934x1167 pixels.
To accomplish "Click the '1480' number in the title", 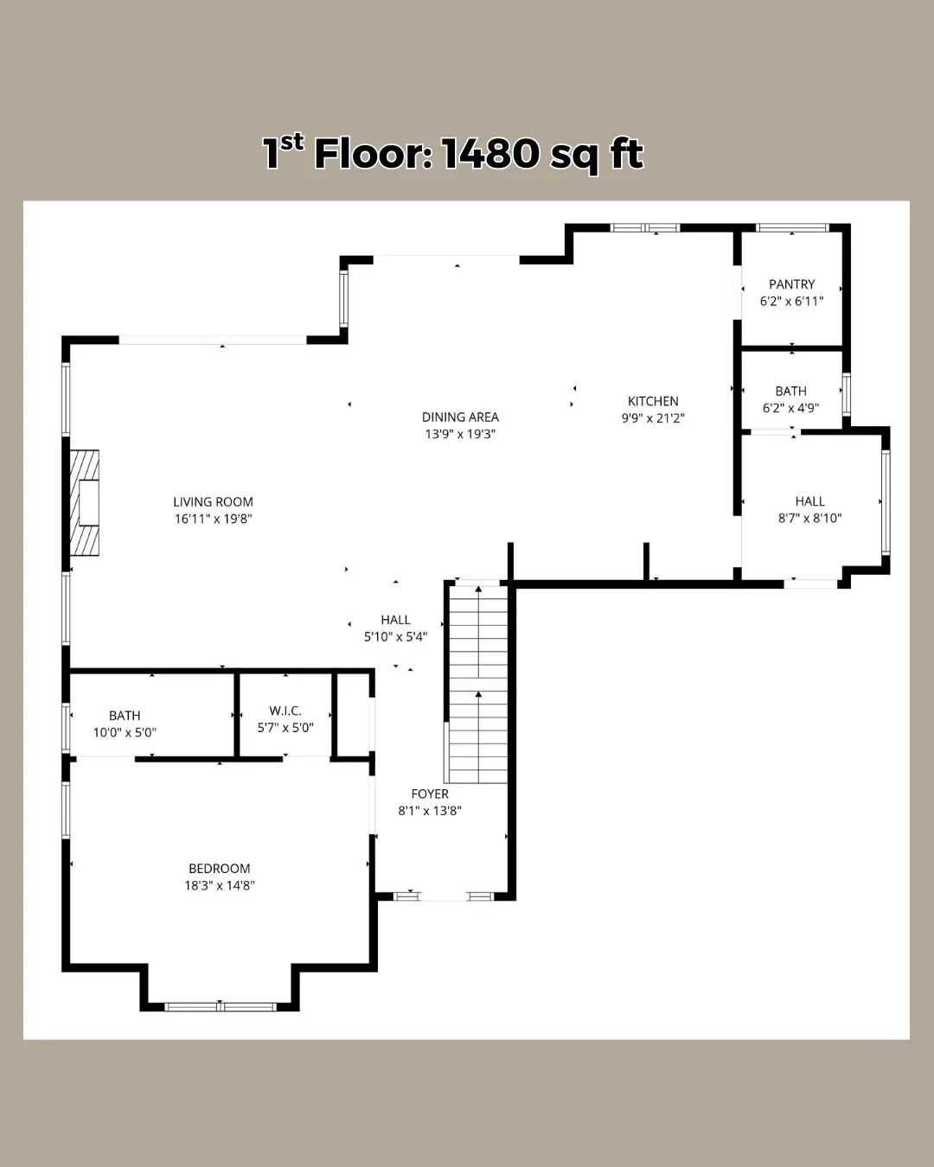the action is click(490, 154).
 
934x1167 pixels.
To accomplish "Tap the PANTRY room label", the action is click(792, 284).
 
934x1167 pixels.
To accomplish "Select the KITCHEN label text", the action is click(653, 401).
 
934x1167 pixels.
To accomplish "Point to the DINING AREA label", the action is click(460, 417).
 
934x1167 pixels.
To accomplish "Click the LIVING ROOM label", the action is click(214, 501).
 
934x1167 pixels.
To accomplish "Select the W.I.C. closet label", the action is click(285, 711).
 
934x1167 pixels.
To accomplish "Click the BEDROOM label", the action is click(220, 868).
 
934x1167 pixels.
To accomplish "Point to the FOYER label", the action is click(430, 794).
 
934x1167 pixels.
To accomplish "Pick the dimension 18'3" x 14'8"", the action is click(220, 885).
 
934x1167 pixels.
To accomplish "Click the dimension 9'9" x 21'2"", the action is click(653, 418).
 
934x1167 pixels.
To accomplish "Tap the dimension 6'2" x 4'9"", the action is click(790, 408).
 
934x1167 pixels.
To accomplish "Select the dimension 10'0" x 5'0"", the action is click(125, 732).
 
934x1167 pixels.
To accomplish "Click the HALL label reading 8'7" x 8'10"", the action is click(809, 501).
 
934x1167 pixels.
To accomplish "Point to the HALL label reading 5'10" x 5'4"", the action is click(395, 619).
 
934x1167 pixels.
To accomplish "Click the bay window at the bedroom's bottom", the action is click(221, 1007).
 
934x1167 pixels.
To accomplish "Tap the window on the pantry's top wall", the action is click(792, 227).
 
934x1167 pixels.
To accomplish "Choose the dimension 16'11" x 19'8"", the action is click(214, 519).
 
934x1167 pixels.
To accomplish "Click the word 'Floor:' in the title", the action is click(374, 154).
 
